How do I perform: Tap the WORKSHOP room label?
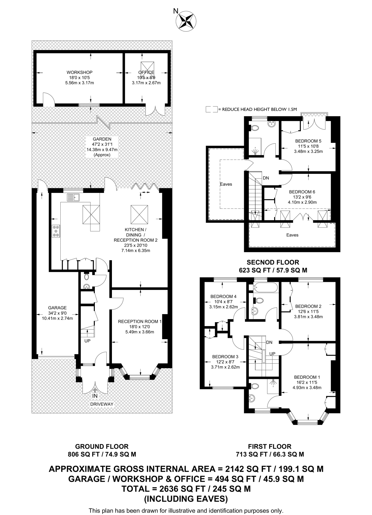coord(79,72)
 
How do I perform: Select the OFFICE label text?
coord(146,72)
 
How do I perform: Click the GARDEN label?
coord(102,139)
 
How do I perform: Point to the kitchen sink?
coord(73,197)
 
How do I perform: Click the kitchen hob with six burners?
coord(56,231)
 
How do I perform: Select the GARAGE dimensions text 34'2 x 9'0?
coord(57,313)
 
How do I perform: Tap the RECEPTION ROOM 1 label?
coord(140,321)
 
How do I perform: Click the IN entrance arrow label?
coord(95,396)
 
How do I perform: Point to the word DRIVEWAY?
coord(102,404)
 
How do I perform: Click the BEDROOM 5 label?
coord(308,141)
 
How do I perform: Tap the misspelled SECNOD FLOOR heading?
coord(273,262)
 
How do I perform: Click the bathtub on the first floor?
coord(266,287)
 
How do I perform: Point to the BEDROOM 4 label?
coord(223,296)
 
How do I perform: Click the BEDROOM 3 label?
coord(225,357)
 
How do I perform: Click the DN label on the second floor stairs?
coord(266,178)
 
